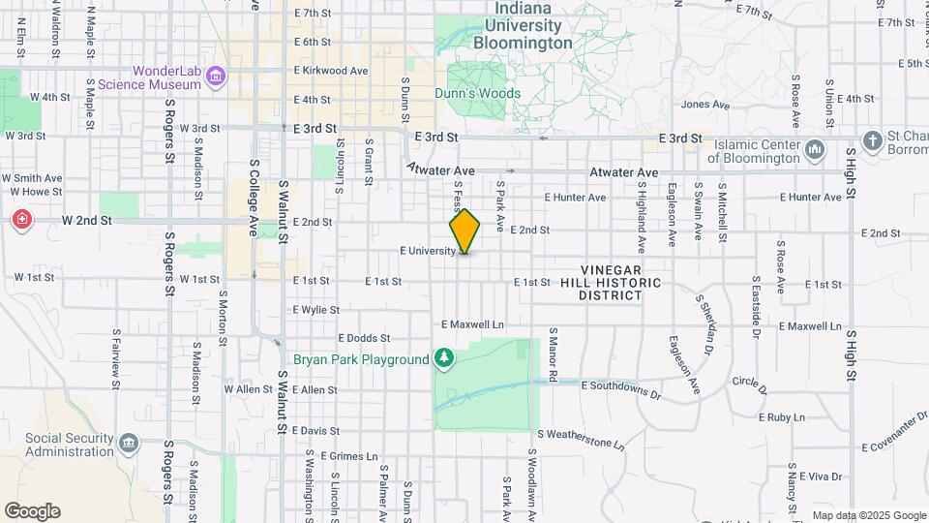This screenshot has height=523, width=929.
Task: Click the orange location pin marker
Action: click(x=464, y=232)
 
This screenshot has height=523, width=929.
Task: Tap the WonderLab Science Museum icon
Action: click(x=216, y=77)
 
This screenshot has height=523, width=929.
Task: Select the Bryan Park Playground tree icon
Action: click(x=444, y=359)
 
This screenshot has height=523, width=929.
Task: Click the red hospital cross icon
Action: click(x=21, y=221)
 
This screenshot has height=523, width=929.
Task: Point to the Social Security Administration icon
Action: click(x=129, y=445)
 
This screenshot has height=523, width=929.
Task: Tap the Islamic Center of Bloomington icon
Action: click(x=814, y=150)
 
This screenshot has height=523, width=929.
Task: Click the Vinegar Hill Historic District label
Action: click(x=612, y=282)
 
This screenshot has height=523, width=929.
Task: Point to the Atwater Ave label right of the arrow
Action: click(x=625, y=172)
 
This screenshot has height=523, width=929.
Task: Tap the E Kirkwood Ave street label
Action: click(x=331, y=71)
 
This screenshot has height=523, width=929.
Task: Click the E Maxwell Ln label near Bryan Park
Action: click(x=473, y=324)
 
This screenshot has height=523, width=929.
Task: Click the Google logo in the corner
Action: click(x=32, y=511)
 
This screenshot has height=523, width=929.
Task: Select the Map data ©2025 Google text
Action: click(x=869, y=515)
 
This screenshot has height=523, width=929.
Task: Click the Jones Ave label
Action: click(x=704, y=105)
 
